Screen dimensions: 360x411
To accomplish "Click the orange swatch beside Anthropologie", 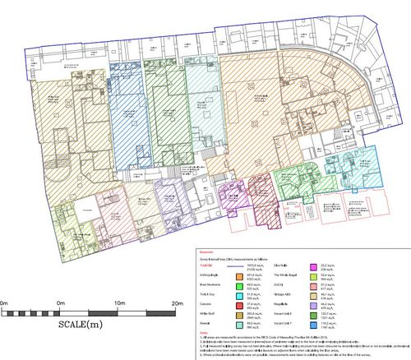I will pos(239,277).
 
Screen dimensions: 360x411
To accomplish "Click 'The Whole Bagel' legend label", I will pos(282,277).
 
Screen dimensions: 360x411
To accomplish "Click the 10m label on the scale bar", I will pos(120,305).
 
